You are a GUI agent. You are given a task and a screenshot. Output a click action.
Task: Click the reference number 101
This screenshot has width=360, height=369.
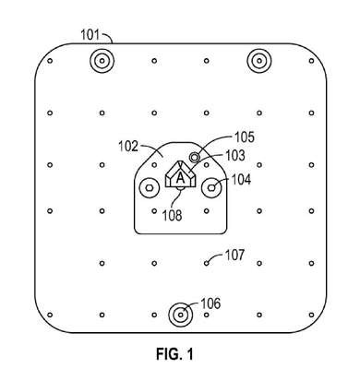[x=90, y=35]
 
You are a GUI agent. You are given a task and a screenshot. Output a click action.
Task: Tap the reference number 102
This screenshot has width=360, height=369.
[x=128, y=147]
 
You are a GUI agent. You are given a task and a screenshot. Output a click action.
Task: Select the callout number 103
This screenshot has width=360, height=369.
[x=235, y=156]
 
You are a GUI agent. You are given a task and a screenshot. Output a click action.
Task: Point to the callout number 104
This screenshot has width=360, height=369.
[x=241, y=179]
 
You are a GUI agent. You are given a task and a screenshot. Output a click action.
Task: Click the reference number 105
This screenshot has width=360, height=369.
[x=245, y=137]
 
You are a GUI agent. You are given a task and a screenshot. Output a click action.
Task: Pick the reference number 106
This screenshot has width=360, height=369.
[x=210, y=304]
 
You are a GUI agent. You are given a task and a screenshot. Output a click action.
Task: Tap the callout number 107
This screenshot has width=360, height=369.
[x=234, y=256]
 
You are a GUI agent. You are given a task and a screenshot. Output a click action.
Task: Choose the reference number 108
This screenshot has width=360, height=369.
[x=173, y=215]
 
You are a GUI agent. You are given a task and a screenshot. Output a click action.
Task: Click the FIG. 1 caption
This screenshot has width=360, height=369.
[x=175, y=354]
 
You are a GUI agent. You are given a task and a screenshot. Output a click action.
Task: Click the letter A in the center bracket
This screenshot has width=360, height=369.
[x=180, y=178]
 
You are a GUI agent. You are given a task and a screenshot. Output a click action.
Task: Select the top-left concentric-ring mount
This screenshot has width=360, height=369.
[x=102, y=61]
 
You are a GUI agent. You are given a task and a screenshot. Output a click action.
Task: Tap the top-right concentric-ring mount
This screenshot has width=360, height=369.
[x=259, y=61]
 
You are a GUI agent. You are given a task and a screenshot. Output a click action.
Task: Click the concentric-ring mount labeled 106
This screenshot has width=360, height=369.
[x=181, y=315]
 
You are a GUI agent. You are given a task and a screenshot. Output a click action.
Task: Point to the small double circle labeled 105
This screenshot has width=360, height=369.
[x=195, y=158]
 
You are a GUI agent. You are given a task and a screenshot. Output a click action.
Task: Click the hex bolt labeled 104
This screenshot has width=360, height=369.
[x=211, y=187]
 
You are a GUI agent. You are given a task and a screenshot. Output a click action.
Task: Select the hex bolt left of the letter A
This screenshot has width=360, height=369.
[x=150, y=187]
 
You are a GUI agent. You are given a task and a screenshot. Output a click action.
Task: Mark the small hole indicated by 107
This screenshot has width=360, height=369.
[x=207, y=263]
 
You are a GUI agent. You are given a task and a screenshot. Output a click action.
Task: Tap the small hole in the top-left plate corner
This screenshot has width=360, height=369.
[x=50, y=61]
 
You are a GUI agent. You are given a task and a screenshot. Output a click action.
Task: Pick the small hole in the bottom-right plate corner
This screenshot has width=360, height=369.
[x=311, y=315]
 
